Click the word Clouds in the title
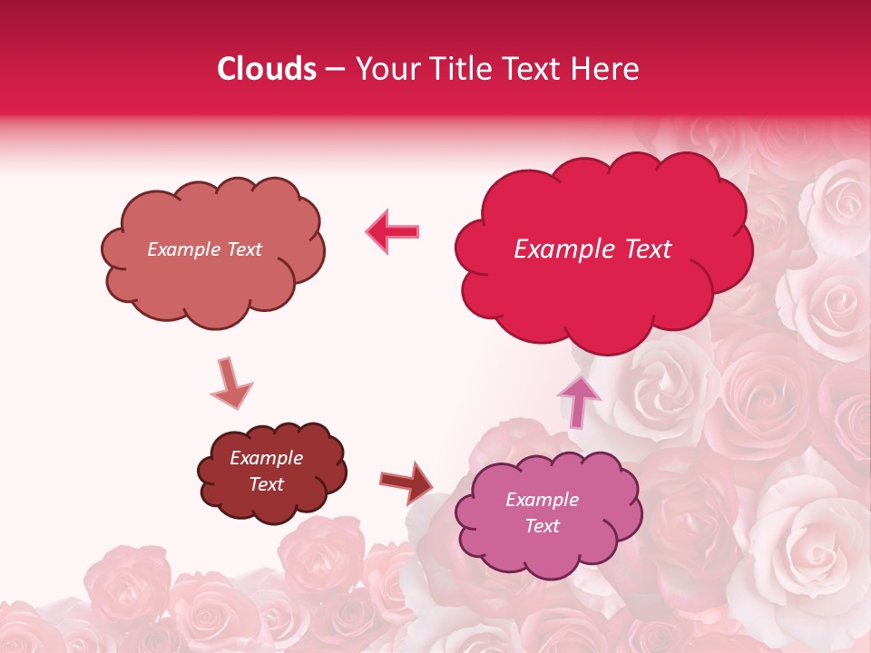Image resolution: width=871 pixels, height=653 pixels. coord(267,69)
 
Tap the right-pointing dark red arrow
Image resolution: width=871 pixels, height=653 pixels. coord(406,482)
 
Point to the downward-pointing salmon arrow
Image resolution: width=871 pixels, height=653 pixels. coord(230,384)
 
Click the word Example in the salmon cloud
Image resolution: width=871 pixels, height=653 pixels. coord(182,249)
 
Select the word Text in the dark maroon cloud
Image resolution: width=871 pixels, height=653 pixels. coord(267,484)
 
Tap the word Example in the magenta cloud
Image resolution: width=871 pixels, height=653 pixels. coord(542,500)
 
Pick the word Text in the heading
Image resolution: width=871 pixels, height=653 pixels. coord(535,69)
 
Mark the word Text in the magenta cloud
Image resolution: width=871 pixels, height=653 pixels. coord(542,526)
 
